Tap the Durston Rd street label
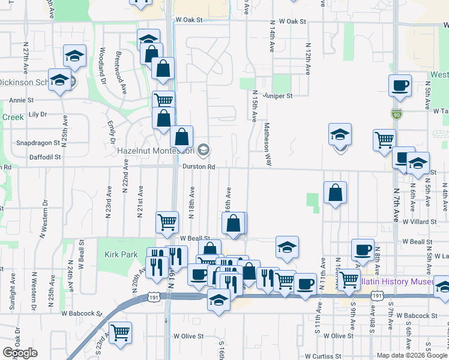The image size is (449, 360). pyautogui.click(x=199, y=166)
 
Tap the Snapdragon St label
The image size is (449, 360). pyautogui.click(x=38, y=143)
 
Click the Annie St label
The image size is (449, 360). pyautogui.click(x=21, y=100)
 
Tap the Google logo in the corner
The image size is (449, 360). pyautogui.click(x=20, y=353)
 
